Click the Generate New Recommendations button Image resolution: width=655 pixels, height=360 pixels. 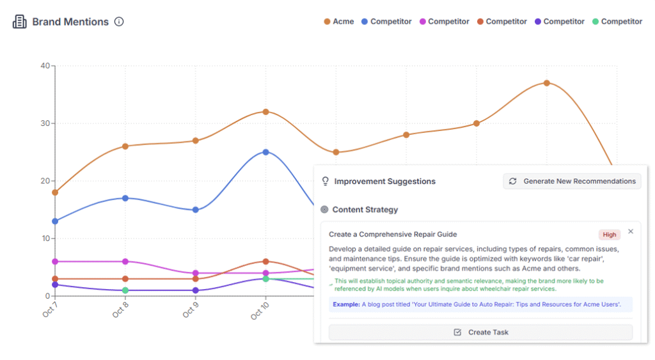[x=572, y=181]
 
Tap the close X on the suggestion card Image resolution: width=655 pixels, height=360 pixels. [x=631, y=231]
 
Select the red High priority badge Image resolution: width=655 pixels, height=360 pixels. [x=610, y=235]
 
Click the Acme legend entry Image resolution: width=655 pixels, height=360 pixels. [x=338, y=22]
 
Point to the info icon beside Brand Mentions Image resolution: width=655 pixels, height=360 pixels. [x=119, y=22]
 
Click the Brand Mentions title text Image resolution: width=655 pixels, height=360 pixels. [x=70, y=22]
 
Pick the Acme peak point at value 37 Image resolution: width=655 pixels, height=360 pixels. [x=546, y=83]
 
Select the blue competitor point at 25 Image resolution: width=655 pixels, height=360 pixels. [x=265, y=152]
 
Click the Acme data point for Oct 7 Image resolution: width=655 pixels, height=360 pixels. [x=55, y=192]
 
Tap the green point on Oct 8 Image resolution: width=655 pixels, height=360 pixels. [x=125, y=290]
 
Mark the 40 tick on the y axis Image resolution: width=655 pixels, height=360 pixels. [x=45, y=66]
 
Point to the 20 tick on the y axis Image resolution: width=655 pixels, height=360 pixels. [x=45, y=181]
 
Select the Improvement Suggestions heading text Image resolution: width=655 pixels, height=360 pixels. [x=384, y=182]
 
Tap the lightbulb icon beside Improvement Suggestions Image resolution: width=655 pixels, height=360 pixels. [x=325, y=182]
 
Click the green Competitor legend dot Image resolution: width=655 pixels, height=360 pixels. [x=596, y=22]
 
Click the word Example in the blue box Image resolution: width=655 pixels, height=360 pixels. [x=345, y=304]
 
